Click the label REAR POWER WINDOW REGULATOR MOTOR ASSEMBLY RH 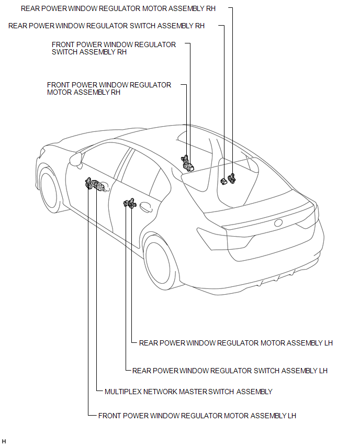point(118,9)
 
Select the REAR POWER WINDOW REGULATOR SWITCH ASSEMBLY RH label point(106,26)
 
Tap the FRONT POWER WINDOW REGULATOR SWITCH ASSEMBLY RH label point(114,48)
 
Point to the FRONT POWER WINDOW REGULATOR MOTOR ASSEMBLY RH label point(109,88)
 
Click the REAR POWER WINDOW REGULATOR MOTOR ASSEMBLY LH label point(235,343)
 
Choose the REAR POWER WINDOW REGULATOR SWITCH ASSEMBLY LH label point(230,371)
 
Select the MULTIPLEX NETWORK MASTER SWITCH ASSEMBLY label point(188,392)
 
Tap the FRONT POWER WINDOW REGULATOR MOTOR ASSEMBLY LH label point(197,416)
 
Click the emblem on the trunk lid point(278,222)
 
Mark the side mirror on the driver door point(75,159)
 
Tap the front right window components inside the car point(186,163)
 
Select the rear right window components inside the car point(228,180)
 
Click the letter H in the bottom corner point(4,441)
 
